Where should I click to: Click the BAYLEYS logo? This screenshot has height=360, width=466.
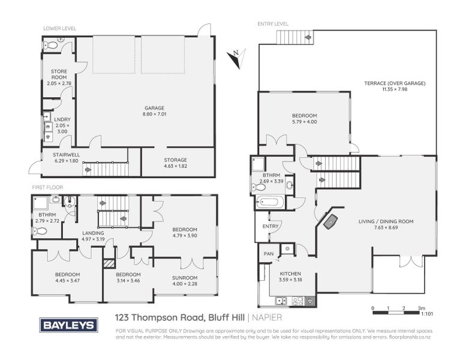click(x=68, y=325)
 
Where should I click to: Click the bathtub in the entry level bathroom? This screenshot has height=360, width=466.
click(x=269, y=202)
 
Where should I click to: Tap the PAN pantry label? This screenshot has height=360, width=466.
click(x=267, y=254)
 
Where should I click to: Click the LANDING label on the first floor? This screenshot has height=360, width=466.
click(x=93, y=233)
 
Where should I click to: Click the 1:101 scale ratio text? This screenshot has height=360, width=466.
click(x=428, y=313)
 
